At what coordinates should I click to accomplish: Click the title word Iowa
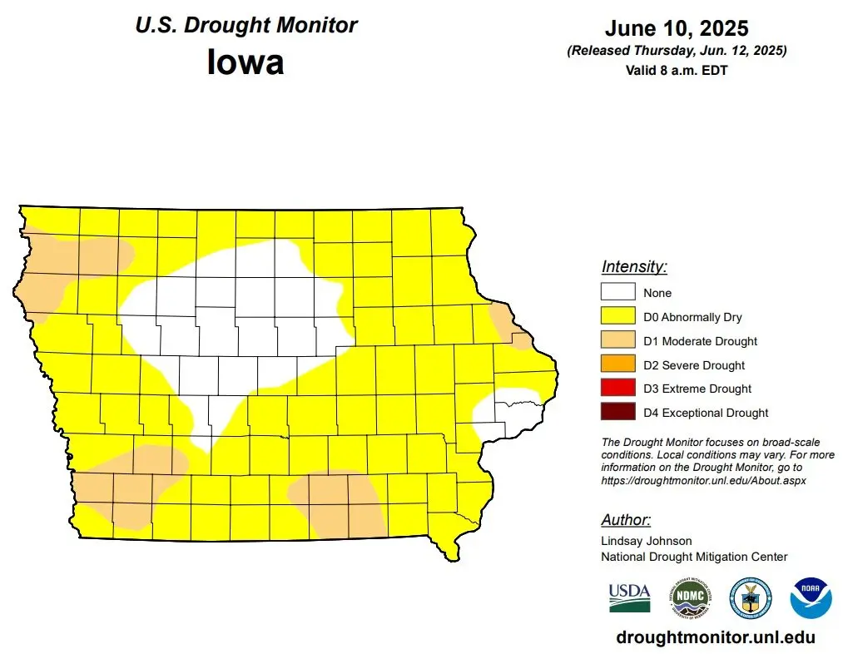point(245,62)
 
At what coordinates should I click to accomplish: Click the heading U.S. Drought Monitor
point(246,25)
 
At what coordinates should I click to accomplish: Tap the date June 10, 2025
point(677,28)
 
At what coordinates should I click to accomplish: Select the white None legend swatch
point(618,293)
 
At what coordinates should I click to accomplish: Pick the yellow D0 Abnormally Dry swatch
point(618,317)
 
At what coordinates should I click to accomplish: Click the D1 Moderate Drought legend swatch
point(618,341)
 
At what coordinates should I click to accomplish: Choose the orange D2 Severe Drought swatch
point(618,365)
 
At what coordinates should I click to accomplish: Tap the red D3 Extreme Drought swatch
point(618,389)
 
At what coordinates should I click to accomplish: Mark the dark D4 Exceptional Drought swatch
point(618,413)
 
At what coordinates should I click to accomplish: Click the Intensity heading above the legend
point(634,267)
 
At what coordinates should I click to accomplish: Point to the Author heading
point(626,520)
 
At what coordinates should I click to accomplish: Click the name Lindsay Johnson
point(647,541)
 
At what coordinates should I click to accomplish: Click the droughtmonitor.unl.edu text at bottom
point(716,637)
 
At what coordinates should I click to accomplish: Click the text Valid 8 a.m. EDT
point(677,71)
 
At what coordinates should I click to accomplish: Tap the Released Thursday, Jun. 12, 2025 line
point(677,52)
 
